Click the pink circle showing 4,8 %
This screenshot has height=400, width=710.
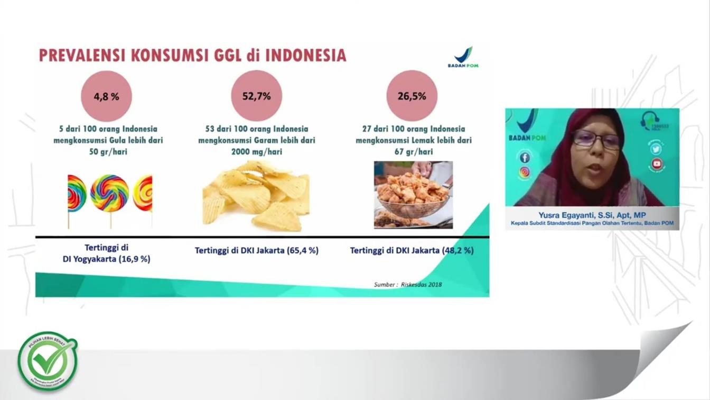tap(106, 96)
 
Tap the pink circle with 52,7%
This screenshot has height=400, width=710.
tap(256, 96)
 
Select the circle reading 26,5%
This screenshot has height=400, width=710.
tap(412, 96)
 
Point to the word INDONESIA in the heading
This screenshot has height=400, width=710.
tap(306, 55)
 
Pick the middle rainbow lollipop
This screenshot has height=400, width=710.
tap(109, 194)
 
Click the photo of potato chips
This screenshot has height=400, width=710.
tap(256, 196)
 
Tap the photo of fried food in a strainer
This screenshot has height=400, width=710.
tap(413, 195)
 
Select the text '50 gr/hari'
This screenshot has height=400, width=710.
tap(108, 152)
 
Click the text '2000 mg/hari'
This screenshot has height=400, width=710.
tap(256, 152)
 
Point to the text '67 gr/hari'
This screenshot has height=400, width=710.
tap(413, 152)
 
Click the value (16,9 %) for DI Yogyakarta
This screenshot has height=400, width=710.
tap(134, 259)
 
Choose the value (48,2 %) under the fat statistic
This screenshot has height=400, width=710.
tap(457, 250)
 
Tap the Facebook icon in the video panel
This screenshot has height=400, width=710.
tap(525, 157)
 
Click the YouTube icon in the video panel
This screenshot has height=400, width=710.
tap(656, 163)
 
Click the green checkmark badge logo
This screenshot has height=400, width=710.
tap(48, 361)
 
